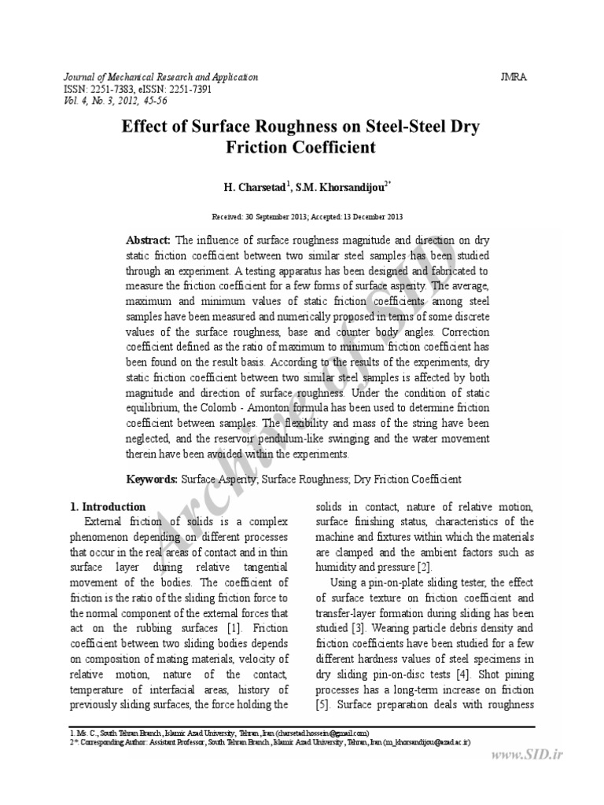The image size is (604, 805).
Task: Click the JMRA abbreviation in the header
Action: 514,77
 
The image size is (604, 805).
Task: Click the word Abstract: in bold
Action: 149,240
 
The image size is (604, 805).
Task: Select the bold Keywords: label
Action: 153,479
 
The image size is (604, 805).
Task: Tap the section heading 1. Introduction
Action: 108,507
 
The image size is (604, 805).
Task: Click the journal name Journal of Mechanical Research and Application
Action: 160,77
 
